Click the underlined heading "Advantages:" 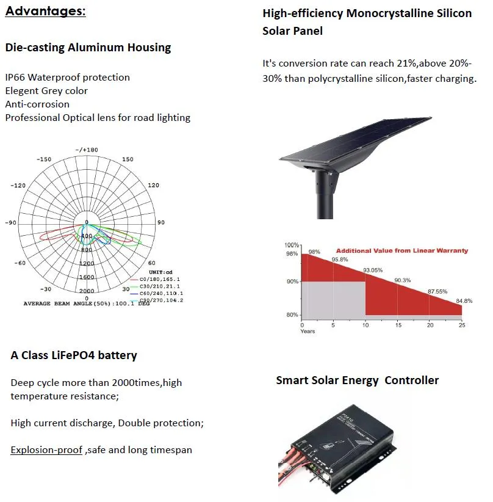[x=45, y=12]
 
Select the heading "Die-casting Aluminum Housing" [x=88, y=48]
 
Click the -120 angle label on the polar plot [x=17, y=185]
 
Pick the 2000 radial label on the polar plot [x=87, y=291]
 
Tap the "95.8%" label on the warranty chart [x=340, y=259]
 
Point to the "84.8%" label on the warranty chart [x=464, y=300]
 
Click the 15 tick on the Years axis [x=398, y=324]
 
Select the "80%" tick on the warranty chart [x=292, y=315]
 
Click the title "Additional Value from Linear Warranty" [x=401, y=250]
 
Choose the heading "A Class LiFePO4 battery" [x=74, y=355]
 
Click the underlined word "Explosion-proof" [x=46, y=450]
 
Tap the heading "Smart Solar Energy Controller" [x=357, y=380]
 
